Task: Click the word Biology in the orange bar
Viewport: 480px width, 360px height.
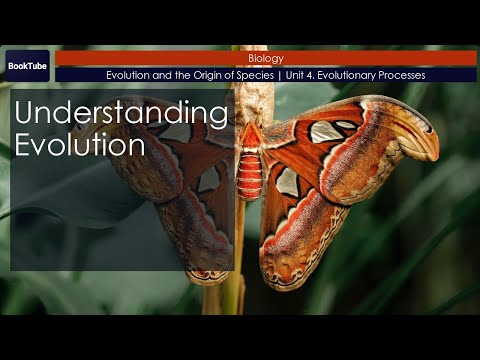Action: [265, 59]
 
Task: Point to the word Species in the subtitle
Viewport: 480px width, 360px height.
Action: [251, 76]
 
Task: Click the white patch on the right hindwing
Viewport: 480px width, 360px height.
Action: [287, 181]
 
